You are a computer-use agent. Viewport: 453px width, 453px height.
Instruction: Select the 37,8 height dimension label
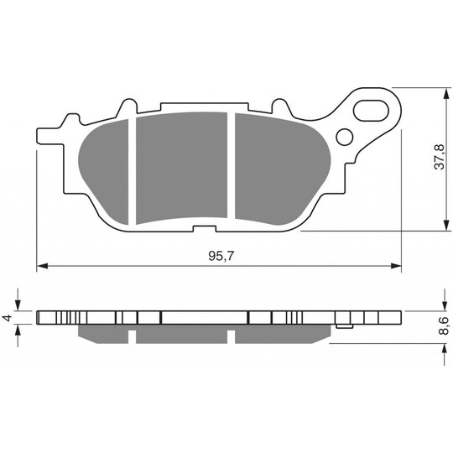point(437,158)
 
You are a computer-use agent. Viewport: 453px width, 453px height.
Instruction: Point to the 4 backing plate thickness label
point(6,318)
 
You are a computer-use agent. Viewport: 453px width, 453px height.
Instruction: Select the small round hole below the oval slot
point(344,137)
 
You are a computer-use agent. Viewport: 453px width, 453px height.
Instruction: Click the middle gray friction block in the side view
point(182,333)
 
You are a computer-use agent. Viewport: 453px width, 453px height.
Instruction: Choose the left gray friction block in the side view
point(104,333)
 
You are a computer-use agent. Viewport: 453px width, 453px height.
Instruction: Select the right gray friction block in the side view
point(281,333)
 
